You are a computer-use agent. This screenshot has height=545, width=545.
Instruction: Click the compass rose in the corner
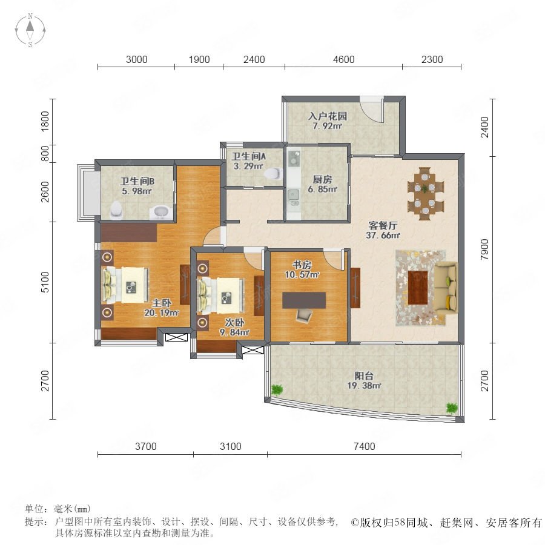click(x=30, y=30)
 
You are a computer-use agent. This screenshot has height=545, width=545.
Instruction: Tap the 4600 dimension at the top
click(x=344, y=59)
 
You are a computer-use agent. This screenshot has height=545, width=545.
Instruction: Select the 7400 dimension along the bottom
click(x=365, y=446)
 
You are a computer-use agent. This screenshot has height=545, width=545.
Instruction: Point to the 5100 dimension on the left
click(x=45, y=282)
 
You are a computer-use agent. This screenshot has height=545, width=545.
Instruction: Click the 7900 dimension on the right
click(x=484, y=249)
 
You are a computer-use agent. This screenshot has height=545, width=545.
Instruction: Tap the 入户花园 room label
click(x=328, y=116)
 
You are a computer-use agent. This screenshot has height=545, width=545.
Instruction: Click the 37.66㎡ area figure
click(x=383, y=236)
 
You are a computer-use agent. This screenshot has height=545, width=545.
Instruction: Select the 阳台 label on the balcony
click(x=364, y=375)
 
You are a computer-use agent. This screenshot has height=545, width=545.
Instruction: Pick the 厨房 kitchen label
click(x=322, y=179)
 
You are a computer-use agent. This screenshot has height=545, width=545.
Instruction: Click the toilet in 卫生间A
click(x=274, y=173)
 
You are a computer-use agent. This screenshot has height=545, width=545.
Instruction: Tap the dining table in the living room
click(x=426, y=193)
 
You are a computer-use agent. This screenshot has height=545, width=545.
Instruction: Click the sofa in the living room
click(x=446, y=288)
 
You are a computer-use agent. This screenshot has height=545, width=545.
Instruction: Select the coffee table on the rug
click(x=417, y=288)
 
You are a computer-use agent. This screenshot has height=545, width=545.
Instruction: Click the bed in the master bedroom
click(x=125, y=285)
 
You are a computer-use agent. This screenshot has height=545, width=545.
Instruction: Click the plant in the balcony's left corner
click(x=277, y=390)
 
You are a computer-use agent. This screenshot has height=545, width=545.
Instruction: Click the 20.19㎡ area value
click(x=162, y=313)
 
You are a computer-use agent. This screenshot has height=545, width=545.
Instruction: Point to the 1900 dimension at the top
click(x=199, y=59)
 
